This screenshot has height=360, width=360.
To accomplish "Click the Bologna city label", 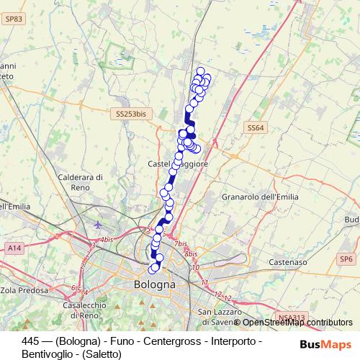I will click(155, 285).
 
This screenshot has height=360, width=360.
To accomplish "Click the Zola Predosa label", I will click(27, 290).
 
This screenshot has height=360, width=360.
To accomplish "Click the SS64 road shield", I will click(255, 127).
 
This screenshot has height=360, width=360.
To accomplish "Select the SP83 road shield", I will click(13, 19).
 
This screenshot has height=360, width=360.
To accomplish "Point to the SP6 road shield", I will click(347, 258).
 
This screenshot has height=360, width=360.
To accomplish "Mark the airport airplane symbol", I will click(98, 225).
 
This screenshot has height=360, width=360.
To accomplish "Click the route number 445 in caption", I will click(31, 341).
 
